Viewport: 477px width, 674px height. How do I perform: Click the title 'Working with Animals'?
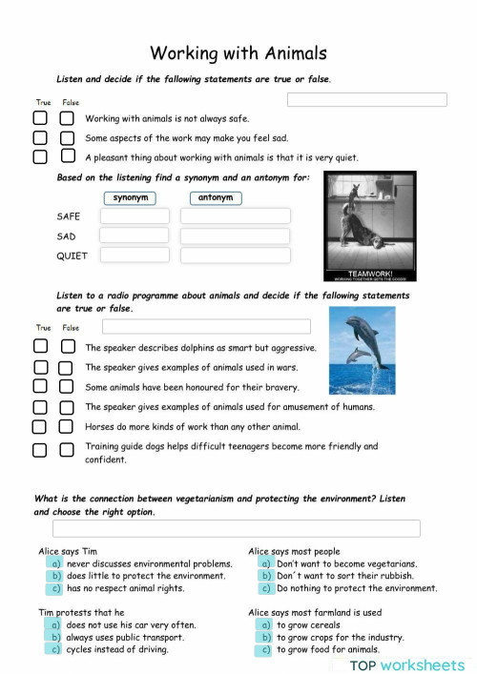(238, 53)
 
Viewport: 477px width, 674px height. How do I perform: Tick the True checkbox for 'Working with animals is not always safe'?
(40, 118)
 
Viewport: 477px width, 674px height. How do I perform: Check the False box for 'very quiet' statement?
(67, 156)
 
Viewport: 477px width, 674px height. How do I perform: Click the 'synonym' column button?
(131, 198)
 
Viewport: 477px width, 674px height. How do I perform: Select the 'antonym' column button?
(215, 198)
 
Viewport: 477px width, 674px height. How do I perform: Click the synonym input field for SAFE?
(135, 216)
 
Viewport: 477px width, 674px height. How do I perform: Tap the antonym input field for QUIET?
(235, 255)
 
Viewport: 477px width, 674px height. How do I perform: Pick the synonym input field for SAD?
(135, 235)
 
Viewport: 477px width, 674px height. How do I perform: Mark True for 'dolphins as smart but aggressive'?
(40, 348)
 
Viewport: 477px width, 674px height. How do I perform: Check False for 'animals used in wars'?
(66, 367)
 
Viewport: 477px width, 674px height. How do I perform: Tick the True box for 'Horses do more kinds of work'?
(40, 427)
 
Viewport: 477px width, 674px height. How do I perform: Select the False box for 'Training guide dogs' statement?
(66, 450)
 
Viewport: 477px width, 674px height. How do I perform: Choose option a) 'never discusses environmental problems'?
(56, 564)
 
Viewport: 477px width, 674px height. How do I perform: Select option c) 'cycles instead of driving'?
(56, 649)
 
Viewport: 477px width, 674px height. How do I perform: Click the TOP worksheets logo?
(406, 664)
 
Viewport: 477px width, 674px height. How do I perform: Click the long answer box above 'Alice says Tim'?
(236, 528)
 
